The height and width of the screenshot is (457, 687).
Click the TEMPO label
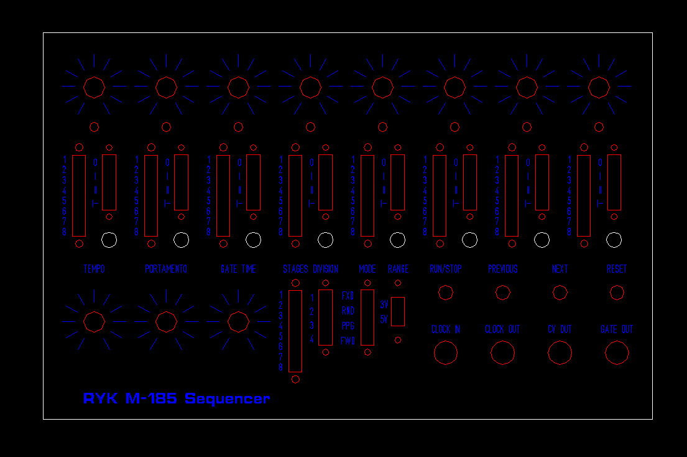pos(94,269)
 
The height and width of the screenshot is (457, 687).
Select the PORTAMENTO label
pos(166,269)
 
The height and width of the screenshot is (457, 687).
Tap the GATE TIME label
pos(238,269)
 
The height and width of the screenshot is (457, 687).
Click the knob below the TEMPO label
pos(94,321)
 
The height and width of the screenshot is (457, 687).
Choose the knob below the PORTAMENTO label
pos(166,321)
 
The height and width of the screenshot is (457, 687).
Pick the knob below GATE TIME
pos(238,321)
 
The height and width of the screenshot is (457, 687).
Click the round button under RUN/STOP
pos(445,293)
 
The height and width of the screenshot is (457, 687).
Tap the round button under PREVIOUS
pos(502,293)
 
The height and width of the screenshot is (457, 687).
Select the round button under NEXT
pos(560,293)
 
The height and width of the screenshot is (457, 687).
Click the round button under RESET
pos(617,293)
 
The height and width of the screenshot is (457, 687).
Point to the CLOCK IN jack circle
pos(445,353)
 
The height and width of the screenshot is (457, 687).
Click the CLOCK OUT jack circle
pos(502,353)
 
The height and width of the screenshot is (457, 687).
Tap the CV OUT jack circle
pos(560,353)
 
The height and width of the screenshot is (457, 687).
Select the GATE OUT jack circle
pos(617,353)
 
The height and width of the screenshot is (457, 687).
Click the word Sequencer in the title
pos(227,398)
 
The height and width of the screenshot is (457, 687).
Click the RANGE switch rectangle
pos(398,311)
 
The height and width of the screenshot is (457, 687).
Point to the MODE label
pos(367,269)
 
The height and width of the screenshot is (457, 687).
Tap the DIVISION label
pos(326,269)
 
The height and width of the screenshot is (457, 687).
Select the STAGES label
pos(295,269)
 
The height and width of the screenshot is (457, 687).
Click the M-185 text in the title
pos(151,398)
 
